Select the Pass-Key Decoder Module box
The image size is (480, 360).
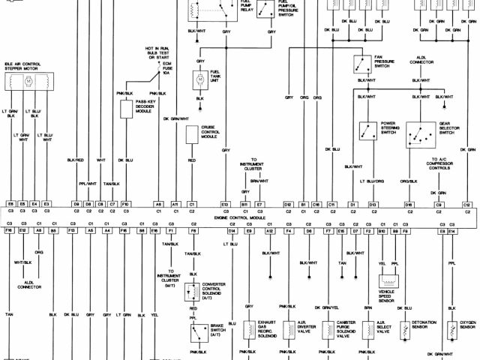[125, 109]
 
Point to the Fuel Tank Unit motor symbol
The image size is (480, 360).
[200, 78]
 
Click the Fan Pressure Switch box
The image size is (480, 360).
[360, 62]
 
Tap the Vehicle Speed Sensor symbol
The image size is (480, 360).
[388, 281]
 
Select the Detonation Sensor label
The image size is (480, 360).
[426, 328]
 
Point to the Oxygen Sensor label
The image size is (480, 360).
[467, 328]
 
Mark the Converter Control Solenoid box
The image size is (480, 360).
[192, 292]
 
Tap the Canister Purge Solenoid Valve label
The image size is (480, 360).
[346, 330]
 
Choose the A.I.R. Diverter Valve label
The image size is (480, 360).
[307, 327]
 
